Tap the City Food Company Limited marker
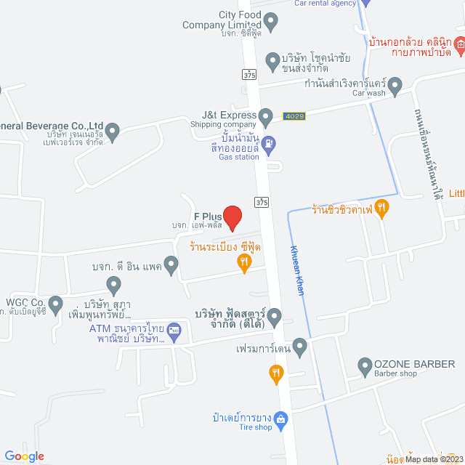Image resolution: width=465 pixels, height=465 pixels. coord(271,23)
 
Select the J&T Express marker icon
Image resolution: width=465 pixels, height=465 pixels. coord(266,116)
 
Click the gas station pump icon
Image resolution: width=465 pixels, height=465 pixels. coord(268,145)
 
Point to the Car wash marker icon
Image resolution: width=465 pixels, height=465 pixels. coord(395,87)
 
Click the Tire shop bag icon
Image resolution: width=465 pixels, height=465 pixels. coord(283,420)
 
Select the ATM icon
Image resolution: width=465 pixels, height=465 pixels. coord(175,330)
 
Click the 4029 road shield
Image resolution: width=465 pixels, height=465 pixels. coord(294,116)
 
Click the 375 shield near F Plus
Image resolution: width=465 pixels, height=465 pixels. coord(262,201)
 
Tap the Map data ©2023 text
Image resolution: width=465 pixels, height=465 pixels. coord(433,458)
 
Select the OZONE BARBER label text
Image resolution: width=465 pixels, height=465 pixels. coord(414,364)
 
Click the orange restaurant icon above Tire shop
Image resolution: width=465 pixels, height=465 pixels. coord(276,375)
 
